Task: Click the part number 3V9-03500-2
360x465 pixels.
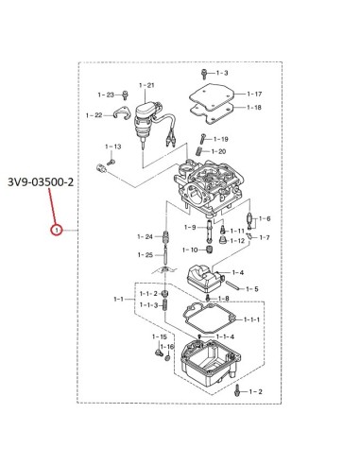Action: click(x=41, y=182)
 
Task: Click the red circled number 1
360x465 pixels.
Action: click(x=57, y=231)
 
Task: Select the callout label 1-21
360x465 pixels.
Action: click(x=146, y=85)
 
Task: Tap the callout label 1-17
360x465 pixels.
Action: click(x=254, y=94)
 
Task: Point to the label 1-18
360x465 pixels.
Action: click(x=254, y=108)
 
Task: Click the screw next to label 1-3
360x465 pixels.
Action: click(x=204, y=74)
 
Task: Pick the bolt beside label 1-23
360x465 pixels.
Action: click(x=126, y=95)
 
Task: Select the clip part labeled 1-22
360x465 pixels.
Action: click(x=121, y=114)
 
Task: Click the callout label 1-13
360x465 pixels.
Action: click(x=113, y=146)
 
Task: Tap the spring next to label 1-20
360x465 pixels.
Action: click(x=199, y=151)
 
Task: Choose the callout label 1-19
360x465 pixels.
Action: click(x=221, y=139)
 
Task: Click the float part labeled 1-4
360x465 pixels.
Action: click(x=205, y=279)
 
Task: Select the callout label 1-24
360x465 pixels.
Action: click(x=145, y=236)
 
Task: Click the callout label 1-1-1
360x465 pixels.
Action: click(x=251, y=319)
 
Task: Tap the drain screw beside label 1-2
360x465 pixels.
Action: click(x=237, y=390)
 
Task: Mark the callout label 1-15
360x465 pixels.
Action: click(x=160, y=336)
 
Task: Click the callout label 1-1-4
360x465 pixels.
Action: click(x=225, y=336)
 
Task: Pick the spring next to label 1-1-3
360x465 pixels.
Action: click(x=164, y=304)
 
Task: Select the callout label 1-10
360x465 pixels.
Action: click(x=190, y=250)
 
